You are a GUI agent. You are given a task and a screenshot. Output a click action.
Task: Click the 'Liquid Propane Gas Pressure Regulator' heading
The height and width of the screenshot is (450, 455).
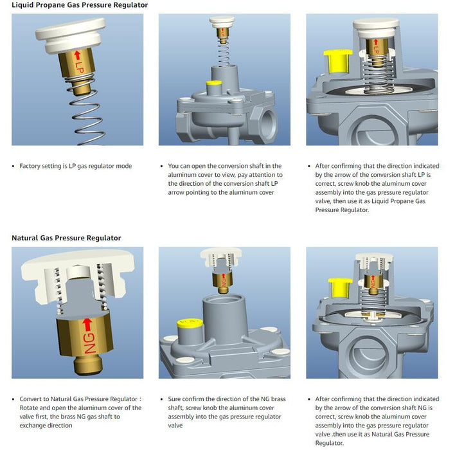[80, 5]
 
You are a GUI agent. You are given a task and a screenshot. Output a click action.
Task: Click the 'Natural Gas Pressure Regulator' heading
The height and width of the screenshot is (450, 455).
[66, 238]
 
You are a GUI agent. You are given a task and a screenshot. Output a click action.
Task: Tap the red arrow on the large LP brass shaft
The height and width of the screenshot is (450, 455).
[77, 55]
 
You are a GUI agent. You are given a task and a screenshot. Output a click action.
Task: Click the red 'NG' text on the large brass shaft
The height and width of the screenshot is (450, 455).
[90, 343]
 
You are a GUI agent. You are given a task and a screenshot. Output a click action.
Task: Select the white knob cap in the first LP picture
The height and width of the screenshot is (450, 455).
[71, 34]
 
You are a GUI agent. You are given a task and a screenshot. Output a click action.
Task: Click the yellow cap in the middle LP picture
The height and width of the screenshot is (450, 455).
[214, 83]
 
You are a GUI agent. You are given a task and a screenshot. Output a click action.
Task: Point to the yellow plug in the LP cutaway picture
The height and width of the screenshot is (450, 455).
[337, 61]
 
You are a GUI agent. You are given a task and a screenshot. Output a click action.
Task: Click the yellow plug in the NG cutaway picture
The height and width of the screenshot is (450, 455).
[340, 287]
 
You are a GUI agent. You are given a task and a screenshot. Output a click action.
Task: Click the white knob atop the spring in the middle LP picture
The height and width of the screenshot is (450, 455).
[222, 22]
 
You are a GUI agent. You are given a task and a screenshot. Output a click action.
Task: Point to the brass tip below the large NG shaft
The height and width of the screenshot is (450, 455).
[89, 366]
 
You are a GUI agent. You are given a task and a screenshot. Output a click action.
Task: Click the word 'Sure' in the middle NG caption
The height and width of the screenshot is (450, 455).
[174, 399]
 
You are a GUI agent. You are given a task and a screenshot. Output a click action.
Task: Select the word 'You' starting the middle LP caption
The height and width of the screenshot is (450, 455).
[174, 166]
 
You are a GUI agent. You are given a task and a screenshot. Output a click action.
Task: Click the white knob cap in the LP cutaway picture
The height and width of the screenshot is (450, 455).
[376, 28]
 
